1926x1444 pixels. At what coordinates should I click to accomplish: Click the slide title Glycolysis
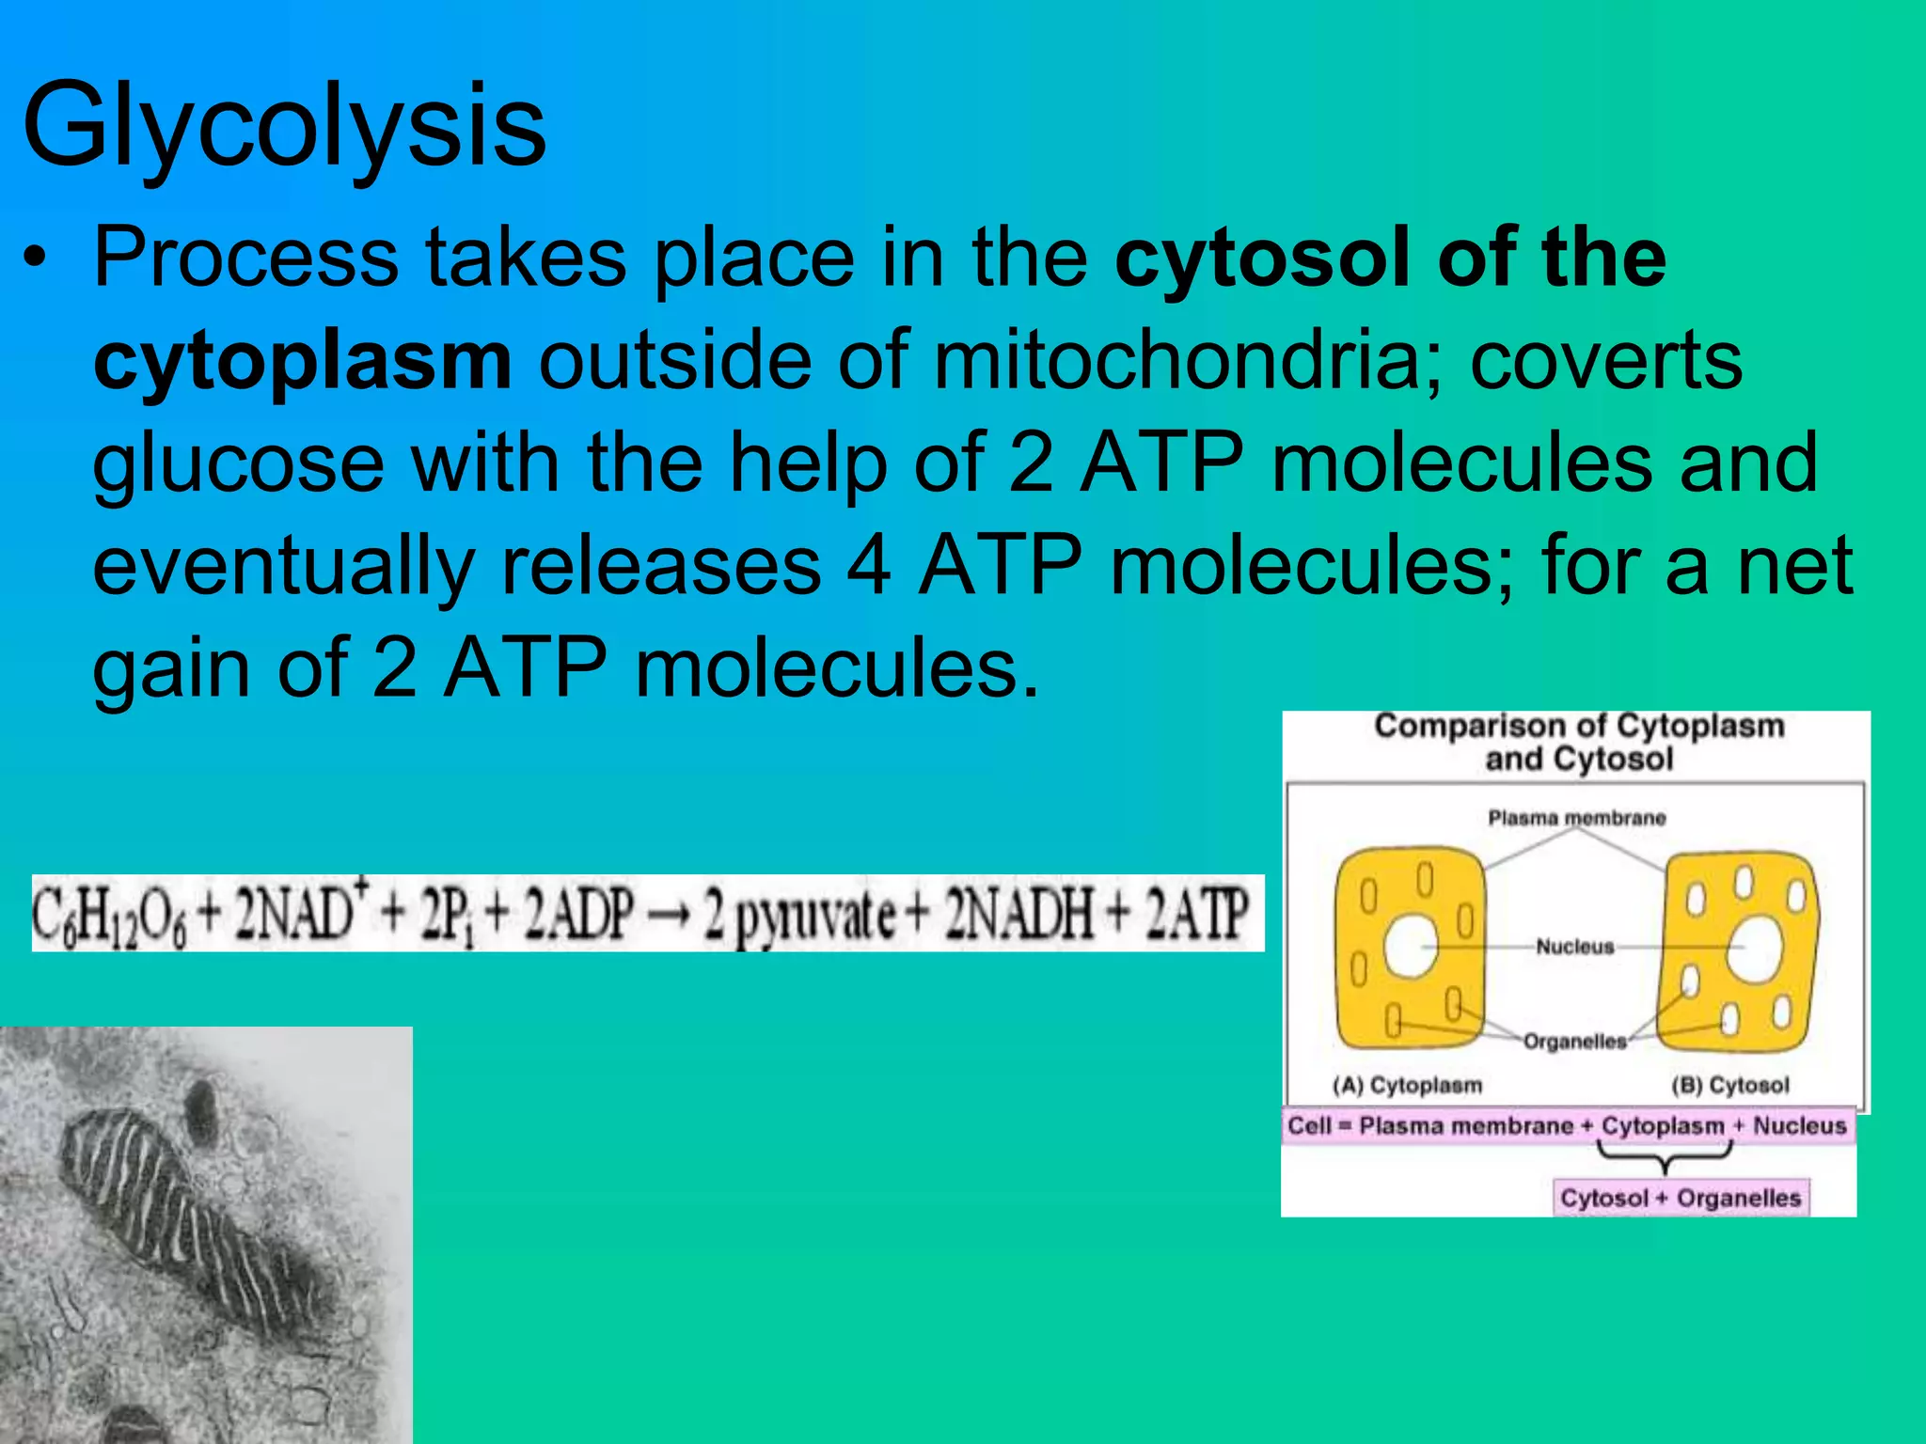point(283,126)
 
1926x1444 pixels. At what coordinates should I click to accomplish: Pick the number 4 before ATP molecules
point(869,566)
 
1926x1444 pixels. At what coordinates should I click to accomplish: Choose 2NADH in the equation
point(1021,914)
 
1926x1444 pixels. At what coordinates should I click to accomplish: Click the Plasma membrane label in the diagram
point(1576,818)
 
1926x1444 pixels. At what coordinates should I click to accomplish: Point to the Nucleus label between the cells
point(1574,947)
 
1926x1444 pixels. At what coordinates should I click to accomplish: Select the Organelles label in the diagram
point(1574,1042)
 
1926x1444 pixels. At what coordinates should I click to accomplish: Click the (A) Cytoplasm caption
point(1407,1085)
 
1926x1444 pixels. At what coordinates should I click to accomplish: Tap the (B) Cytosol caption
point(1730,1085)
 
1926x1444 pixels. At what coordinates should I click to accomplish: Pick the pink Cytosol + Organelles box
point(1680,1198)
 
